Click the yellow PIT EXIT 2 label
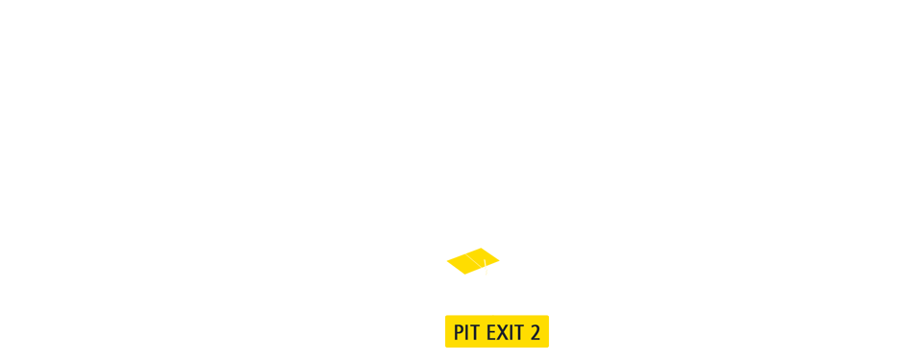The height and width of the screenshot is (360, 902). pyautogui.click(x=497, y=331)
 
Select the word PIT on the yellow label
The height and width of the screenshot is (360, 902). pyautogui.click(x=466, y=333)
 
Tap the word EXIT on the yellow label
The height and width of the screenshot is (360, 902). pyautogui.click(x=505, y=333)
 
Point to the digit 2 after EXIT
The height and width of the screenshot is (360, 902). pyautogui.click(x=534, y=333)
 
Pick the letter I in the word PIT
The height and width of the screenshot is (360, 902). pyautogui.click(x=467, y=333)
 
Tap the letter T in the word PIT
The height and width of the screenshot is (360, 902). pyautogui.click(x=475, y=333)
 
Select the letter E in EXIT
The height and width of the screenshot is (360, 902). pyautogui.click(x=490, y=333)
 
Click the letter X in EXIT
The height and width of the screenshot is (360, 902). pyautogui.click(x=502, y=333)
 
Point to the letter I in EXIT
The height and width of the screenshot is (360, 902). pyautogui.click(x=510, y=333)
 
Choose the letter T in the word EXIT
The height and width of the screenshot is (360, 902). pyautogui.click(x=518, y=333)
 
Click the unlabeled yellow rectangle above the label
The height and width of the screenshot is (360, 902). pyautogui.click(x=473, y=261)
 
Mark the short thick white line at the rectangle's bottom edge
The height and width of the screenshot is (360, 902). pyautogui.click(x=486, y=268)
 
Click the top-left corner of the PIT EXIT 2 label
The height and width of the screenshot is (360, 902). pyautogui.click(x=445, y=316)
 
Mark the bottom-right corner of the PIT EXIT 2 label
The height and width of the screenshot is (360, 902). pyautogui.click(x=548, y=347)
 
